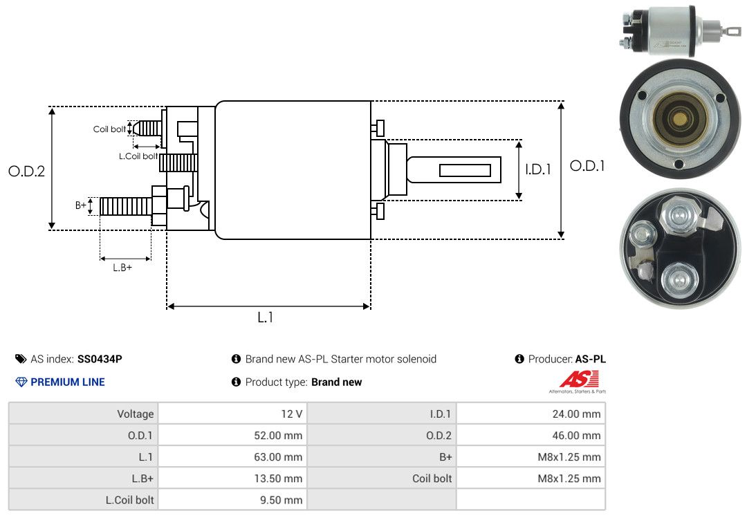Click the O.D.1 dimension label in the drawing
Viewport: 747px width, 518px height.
[587, 166]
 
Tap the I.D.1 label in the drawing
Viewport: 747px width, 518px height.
[538, 169]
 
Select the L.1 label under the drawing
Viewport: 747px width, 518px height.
[266, 317]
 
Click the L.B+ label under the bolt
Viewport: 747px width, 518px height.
[122, 268]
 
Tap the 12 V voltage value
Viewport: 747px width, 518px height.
[290, 414]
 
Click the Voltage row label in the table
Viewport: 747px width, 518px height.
[136, 414]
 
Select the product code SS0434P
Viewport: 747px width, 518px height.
[100, 359]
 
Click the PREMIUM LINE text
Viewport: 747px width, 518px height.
[68, 382]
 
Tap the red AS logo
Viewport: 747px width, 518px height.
[579, 379]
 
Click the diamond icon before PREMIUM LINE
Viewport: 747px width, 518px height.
[21, 382]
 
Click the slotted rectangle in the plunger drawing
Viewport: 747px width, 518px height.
[465, 171]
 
